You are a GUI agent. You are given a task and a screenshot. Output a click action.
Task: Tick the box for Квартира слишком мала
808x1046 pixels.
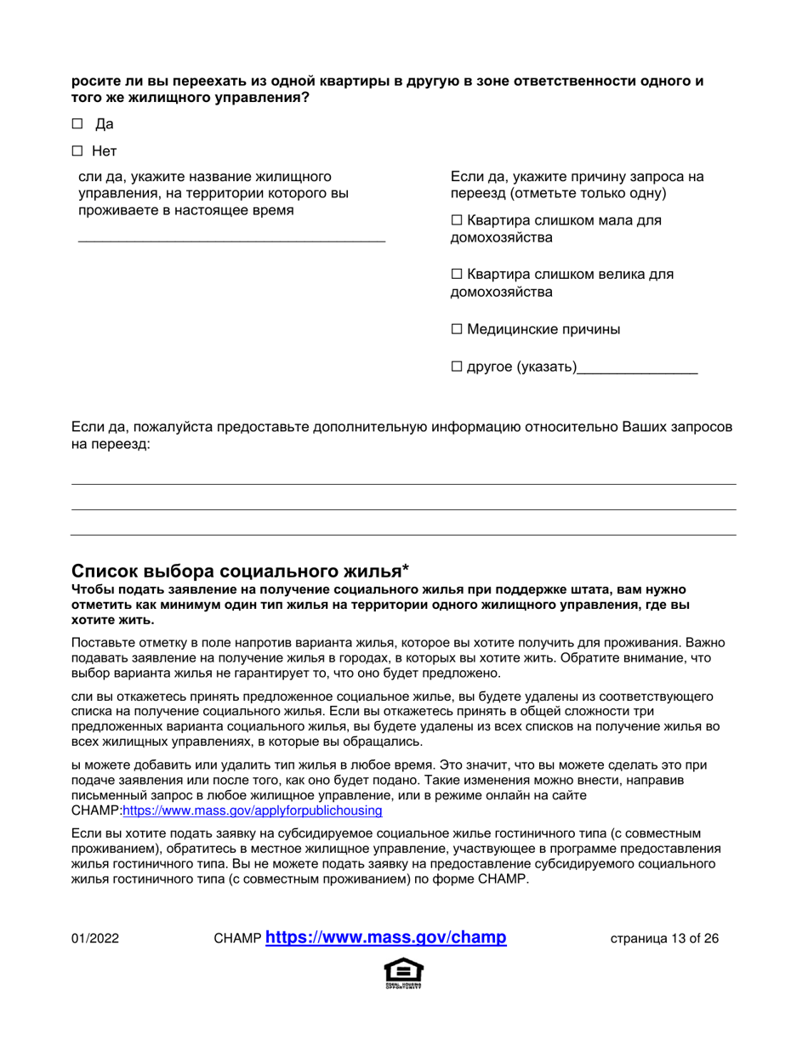click(456, 221)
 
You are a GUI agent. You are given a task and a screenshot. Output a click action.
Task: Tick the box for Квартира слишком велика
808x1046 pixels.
click(456, 275)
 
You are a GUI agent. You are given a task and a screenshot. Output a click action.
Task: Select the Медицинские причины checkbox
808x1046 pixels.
click(456, 328)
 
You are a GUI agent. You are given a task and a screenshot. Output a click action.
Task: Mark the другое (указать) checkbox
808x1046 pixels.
click(456, 367)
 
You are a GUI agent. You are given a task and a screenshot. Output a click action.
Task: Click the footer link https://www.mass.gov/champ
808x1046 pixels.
click(386, 938)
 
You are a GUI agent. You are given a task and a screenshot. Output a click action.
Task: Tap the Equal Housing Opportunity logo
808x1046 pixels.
click(403, 974)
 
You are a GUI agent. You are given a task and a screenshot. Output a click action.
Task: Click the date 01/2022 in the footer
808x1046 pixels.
click(94, 939)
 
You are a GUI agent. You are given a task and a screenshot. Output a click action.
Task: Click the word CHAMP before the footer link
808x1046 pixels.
click(239, 939)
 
